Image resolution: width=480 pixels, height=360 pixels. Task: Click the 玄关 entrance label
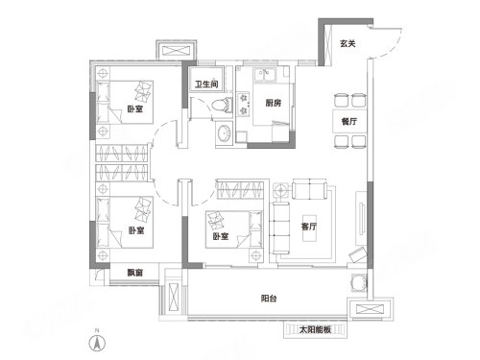348,43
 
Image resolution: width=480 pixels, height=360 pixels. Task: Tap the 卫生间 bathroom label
206,84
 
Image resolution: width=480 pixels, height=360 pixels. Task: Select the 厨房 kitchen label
274,103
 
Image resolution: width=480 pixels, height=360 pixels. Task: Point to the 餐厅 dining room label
348,121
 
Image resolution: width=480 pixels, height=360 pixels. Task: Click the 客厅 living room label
309,227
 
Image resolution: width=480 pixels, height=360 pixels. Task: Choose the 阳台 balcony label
269,299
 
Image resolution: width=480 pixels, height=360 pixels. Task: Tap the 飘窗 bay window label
134,273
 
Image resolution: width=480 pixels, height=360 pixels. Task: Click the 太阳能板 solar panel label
315,329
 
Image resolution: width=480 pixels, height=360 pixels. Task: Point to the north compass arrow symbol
97,344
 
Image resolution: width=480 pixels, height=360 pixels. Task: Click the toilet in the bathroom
223,106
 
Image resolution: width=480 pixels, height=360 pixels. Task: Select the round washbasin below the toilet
223,133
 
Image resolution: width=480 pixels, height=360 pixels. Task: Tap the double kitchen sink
265,75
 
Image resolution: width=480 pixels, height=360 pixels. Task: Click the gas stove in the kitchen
244,104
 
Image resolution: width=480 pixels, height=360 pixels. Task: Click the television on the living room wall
362,218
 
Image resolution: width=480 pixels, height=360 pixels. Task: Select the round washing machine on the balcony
358,283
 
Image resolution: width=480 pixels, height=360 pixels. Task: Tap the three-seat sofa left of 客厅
281,228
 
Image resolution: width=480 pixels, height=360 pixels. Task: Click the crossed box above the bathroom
177,51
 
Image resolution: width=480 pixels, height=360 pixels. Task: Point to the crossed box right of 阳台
370,309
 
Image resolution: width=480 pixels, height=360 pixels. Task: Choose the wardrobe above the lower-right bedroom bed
241,190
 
